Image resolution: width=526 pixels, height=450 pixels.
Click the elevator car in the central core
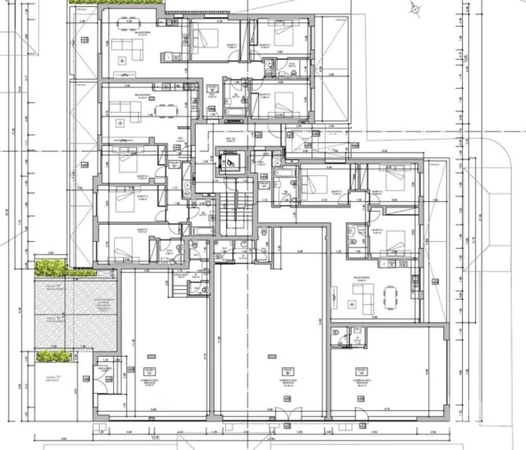tap(230, 164)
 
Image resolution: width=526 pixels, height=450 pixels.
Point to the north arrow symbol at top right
tap(415, 9)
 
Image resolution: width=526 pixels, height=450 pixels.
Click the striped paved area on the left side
tap(76, 311)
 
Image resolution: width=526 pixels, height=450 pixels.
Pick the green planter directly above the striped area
tap(53, 266)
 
